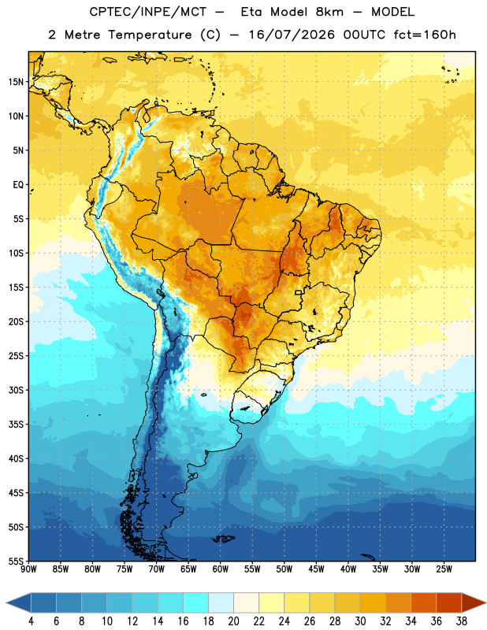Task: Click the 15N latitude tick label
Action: coord(16,82)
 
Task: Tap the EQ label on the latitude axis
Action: coord(18,185)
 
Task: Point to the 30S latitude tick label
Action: coord(16,390)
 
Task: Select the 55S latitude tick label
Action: coord(16,561)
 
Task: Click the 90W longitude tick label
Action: coord(28,569)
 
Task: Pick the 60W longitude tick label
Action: coord(221,569)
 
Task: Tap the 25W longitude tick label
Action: coord(444,569)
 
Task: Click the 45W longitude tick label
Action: coord(316,569)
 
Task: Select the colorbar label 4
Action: coord(31,621)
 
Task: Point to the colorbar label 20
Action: coord(233,621)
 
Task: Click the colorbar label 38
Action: coord(462,621)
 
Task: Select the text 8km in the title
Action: coord(329,12)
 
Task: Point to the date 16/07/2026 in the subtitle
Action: coord(292,35)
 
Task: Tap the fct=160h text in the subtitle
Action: coord(425,35)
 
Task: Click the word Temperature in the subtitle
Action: coord(150,35)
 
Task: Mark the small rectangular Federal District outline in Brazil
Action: coord(299,292)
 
